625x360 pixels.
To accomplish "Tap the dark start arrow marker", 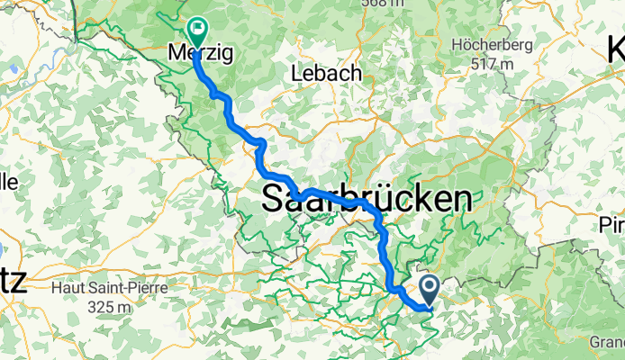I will [x=429, y=288].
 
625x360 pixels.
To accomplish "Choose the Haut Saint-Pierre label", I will [x=109, y=288].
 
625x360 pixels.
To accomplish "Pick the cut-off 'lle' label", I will [x=8, y=183].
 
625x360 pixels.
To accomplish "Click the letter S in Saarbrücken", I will [x=275, y=199].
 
